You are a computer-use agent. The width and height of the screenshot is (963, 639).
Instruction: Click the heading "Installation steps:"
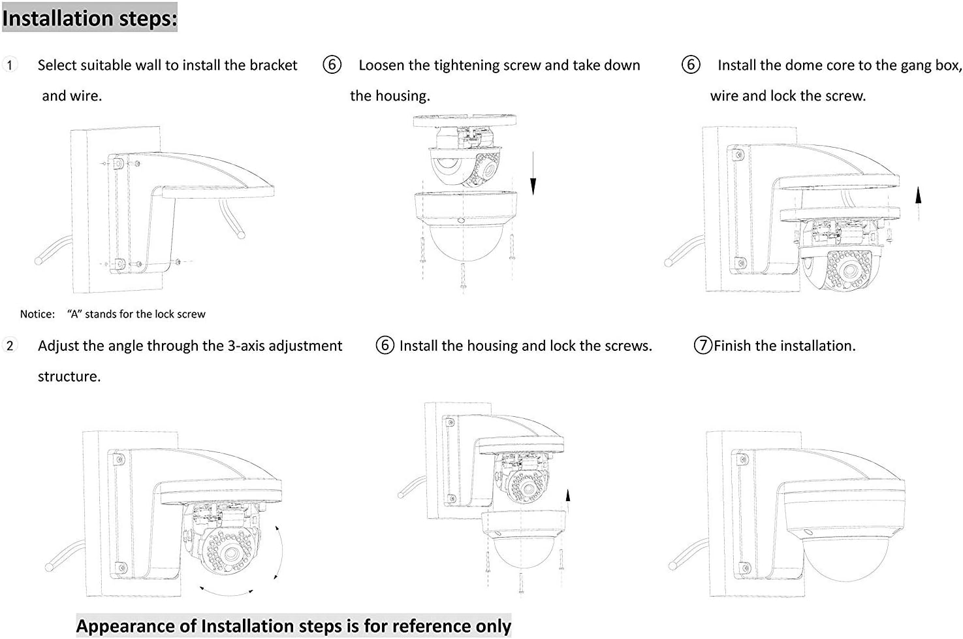[89, 18]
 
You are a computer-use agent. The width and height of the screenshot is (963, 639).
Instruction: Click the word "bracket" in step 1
[273, 65]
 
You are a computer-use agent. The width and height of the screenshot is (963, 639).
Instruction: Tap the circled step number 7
[703, 346]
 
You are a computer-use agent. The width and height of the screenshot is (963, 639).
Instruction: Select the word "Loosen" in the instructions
[381, 65]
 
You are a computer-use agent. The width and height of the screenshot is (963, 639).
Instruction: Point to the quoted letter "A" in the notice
[74, 314]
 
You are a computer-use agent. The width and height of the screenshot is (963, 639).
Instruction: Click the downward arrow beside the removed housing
[533, 173]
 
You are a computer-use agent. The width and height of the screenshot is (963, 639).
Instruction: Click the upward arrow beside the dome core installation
[918, 195]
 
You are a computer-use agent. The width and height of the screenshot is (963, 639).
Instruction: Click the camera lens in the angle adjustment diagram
[229, 554]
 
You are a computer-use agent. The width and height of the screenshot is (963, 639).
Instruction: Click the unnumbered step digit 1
[10, 65]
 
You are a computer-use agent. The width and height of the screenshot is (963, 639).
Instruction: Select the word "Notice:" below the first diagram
[37, 314]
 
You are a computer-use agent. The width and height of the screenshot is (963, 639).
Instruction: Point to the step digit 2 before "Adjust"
[10, 346]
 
